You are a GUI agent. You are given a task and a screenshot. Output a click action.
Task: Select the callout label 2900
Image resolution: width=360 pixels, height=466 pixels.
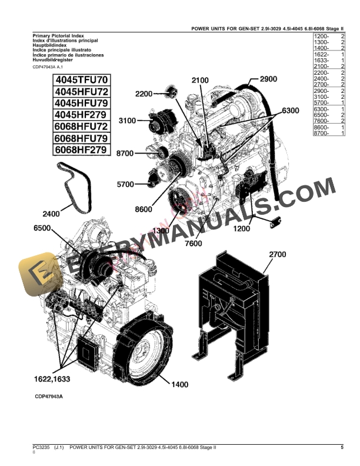[x=268, y=79]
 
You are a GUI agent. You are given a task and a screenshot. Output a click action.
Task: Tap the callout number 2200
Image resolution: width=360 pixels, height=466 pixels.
[x=144, y=94]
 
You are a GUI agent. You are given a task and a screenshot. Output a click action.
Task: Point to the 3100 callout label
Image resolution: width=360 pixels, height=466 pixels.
[x=128, y=121]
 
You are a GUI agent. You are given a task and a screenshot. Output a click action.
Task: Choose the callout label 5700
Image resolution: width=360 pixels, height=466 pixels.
[x=125, y=184]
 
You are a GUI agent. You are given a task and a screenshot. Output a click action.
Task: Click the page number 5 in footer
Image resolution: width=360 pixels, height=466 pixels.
[x=342, y=448]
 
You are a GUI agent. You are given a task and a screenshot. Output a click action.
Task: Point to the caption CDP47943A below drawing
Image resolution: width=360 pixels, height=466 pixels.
[x=48, y=397]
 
